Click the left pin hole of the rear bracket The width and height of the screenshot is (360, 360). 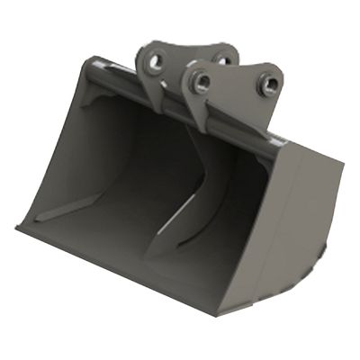click(x=156, y=63)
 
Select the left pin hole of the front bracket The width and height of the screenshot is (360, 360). click(x=202, y=84)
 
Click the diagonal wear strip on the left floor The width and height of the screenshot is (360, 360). click(x=72, y=210)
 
